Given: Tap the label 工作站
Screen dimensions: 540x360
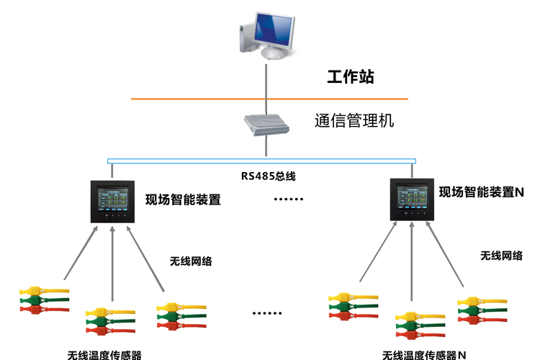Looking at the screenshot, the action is point(350,76).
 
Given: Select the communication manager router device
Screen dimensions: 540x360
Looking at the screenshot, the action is point(266,125).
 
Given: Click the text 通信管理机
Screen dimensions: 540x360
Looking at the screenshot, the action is point(354,120).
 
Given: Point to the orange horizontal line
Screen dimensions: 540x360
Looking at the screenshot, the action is point(269,99).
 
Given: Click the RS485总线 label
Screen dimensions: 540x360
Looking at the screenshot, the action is point(269,176).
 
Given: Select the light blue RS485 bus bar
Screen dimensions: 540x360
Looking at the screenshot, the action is point(262,161).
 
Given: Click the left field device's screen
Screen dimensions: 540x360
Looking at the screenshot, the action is point(112,199).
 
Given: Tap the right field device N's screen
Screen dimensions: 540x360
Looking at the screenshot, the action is point(412,197).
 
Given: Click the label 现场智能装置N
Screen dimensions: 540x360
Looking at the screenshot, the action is point(482,192).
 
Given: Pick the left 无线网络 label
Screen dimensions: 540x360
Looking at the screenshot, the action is point(191,261).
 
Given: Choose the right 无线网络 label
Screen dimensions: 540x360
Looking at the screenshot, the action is point(501,256).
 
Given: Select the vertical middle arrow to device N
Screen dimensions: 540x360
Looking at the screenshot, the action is point(412,261).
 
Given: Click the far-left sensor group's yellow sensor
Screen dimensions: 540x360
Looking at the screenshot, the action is point(44,291).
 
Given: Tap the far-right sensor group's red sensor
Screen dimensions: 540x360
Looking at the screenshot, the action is point(482,320).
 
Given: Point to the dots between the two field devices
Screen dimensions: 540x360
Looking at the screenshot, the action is point(289,199).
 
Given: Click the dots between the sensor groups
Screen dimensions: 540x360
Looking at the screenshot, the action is point(267,313).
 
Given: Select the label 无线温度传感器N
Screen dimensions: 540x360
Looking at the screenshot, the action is point(424,355).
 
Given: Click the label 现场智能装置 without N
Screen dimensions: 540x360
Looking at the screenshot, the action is point(183,200).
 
